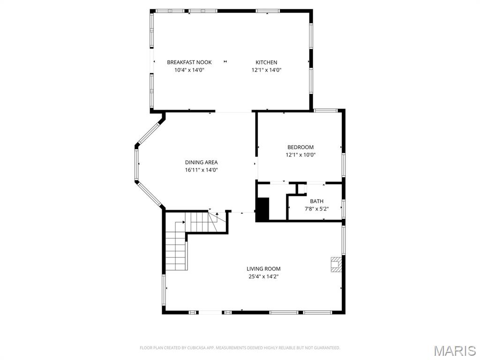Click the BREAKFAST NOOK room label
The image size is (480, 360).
point(189,62)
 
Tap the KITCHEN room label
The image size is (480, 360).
point(266,62)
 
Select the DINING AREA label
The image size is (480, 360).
point(201,163)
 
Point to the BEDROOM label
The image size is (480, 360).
point(300,147)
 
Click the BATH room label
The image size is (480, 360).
point(316,201)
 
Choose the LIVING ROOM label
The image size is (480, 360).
point(263,269)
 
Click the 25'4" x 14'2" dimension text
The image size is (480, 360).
point(263,277)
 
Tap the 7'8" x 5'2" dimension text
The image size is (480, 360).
point(316,209)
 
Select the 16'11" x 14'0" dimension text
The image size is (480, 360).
point(201,170)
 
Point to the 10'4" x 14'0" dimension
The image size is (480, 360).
point(189,70)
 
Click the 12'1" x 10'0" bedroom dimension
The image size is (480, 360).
point(300,155)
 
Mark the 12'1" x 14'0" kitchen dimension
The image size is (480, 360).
point(266,70)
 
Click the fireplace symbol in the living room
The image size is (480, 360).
point(336,264)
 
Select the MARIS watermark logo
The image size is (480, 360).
point(455,351)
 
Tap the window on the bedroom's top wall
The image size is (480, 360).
point(325,111)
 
